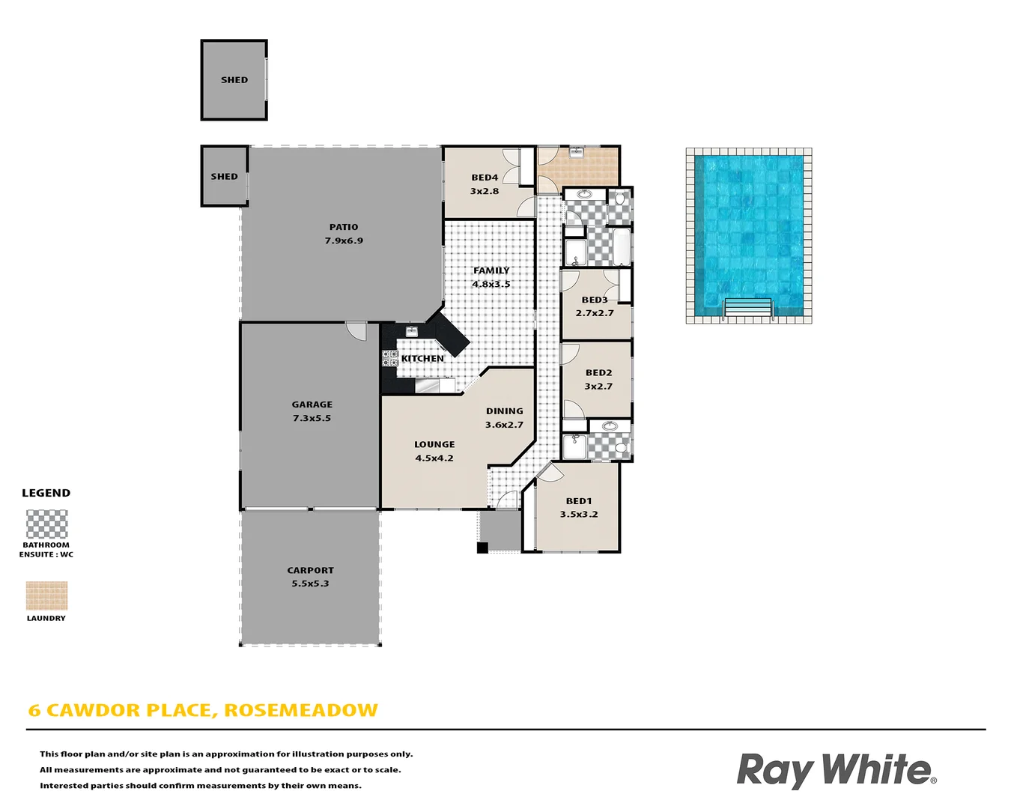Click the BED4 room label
(x=485, y=178)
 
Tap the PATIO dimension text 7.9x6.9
(x=344, y=240)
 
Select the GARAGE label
(x=312, y=404)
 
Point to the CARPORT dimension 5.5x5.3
(x=310, y=584)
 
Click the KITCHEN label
(x=422, y=359)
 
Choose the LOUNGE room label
(x=434, y=444)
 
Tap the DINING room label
(x=504, y=411)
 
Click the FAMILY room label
(x=491, y=270)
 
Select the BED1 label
(x=579, y=501)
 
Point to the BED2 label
(x=598, y=372)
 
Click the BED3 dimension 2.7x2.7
(x=595, y=313)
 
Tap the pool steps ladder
(x=747, y=309)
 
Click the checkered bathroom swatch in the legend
(x=46, y=524)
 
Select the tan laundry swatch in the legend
(x=46, y=596)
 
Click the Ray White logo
(x=836, y=770)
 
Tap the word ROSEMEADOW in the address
(x=301, y=710)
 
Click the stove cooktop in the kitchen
(x=390, y=358)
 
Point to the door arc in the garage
(x=356, y=331)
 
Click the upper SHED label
(x=234, y=80)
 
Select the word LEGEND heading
(x=46, y=493)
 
